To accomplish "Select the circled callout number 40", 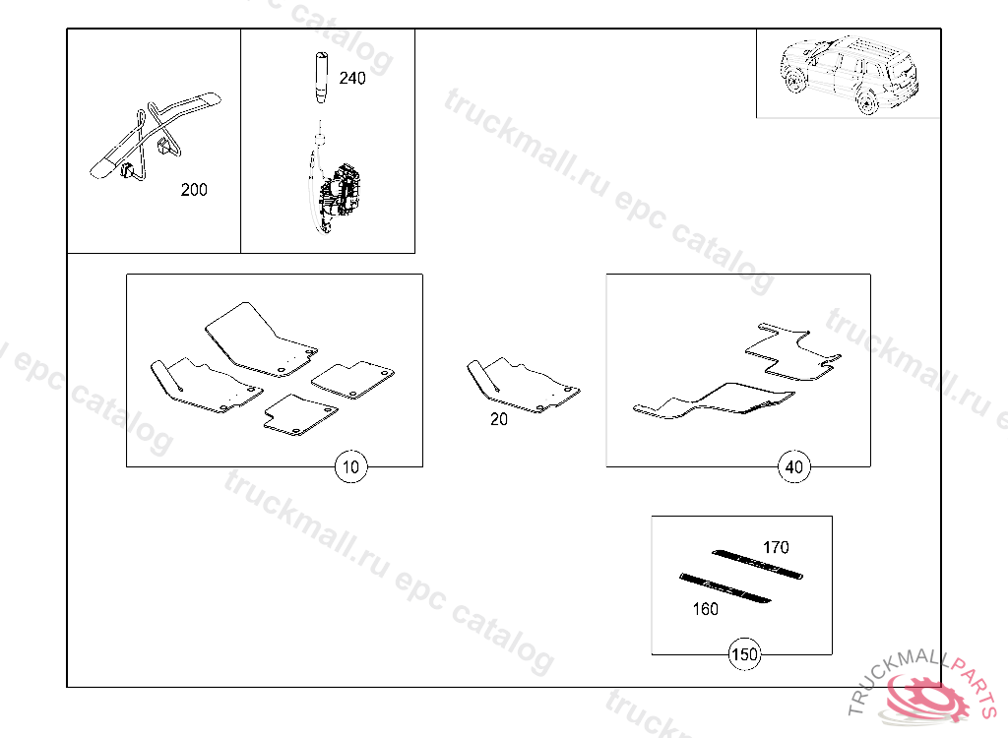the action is pyautogui.click(x=794, y=466).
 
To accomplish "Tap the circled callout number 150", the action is pyautogui.click(x=744, y=654).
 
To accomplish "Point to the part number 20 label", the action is pyautogui.click(x=499, y=419).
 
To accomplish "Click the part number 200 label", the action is pyautogui.click(x=194, y=190).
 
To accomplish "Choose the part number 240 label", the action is pyautogui.click(x=351, y=79).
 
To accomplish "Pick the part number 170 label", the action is pyautogui.click(x=776, y=547).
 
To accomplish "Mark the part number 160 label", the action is pyautogui.click(x=705, y=609).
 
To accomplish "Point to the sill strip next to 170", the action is pyautogui.click(x=757, y=563).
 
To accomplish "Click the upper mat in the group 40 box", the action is pyautogui.click(x=793, y=351).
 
